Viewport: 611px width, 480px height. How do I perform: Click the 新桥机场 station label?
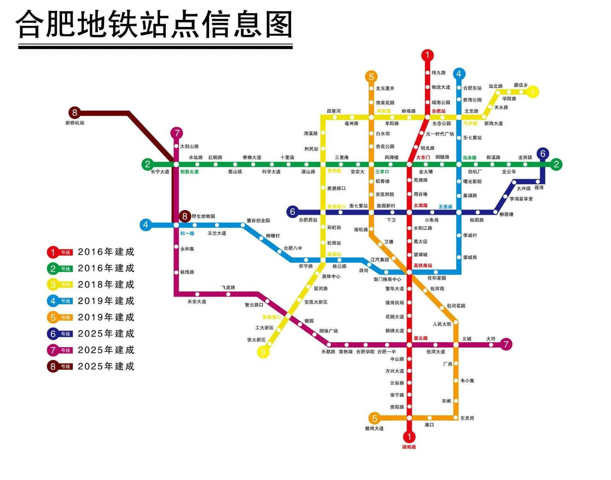[x=75, y=123]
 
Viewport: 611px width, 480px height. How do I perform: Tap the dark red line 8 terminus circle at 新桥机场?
[x=75, y=113]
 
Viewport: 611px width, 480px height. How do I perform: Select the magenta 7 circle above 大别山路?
[x=177, y=133]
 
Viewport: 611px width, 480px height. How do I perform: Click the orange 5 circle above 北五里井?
[x=371, y=76]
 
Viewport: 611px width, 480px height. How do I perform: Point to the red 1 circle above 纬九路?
[x=428, y=55]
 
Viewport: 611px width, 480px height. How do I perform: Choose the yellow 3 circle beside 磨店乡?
[x=533, y=92]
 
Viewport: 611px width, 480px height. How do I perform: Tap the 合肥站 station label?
[x=439, y=111]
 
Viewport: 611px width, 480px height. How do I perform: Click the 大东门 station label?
[x=423, y=157]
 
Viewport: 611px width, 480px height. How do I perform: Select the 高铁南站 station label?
[x=423, y=265]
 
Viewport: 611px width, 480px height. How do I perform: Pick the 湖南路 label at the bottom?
[x=409, y=447]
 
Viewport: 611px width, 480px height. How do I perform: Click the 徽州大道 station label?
[x=374, y=428]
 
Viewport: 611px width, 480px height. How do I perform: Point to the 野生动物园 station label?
[x=203, y=217]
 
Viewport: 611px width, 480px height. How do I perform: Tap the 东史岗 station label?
[x=467, y=418]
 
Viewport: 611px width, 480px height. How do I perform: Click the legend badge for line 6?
[x=60, y=334]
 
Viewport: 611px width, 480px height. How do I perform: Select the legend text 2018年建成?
[x=106, y=284]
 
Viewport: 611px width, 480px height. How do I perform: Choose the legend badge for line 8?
[x=60, y=367]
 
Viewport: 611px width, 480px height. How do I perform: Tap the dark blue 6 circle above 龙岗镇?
[x=543, y=154]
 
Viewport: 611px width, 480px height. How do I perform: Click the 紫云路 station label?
[x=421, y=338]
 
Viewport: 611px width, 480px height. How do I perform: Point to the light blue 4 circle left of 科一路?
[x=146, y=225]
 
